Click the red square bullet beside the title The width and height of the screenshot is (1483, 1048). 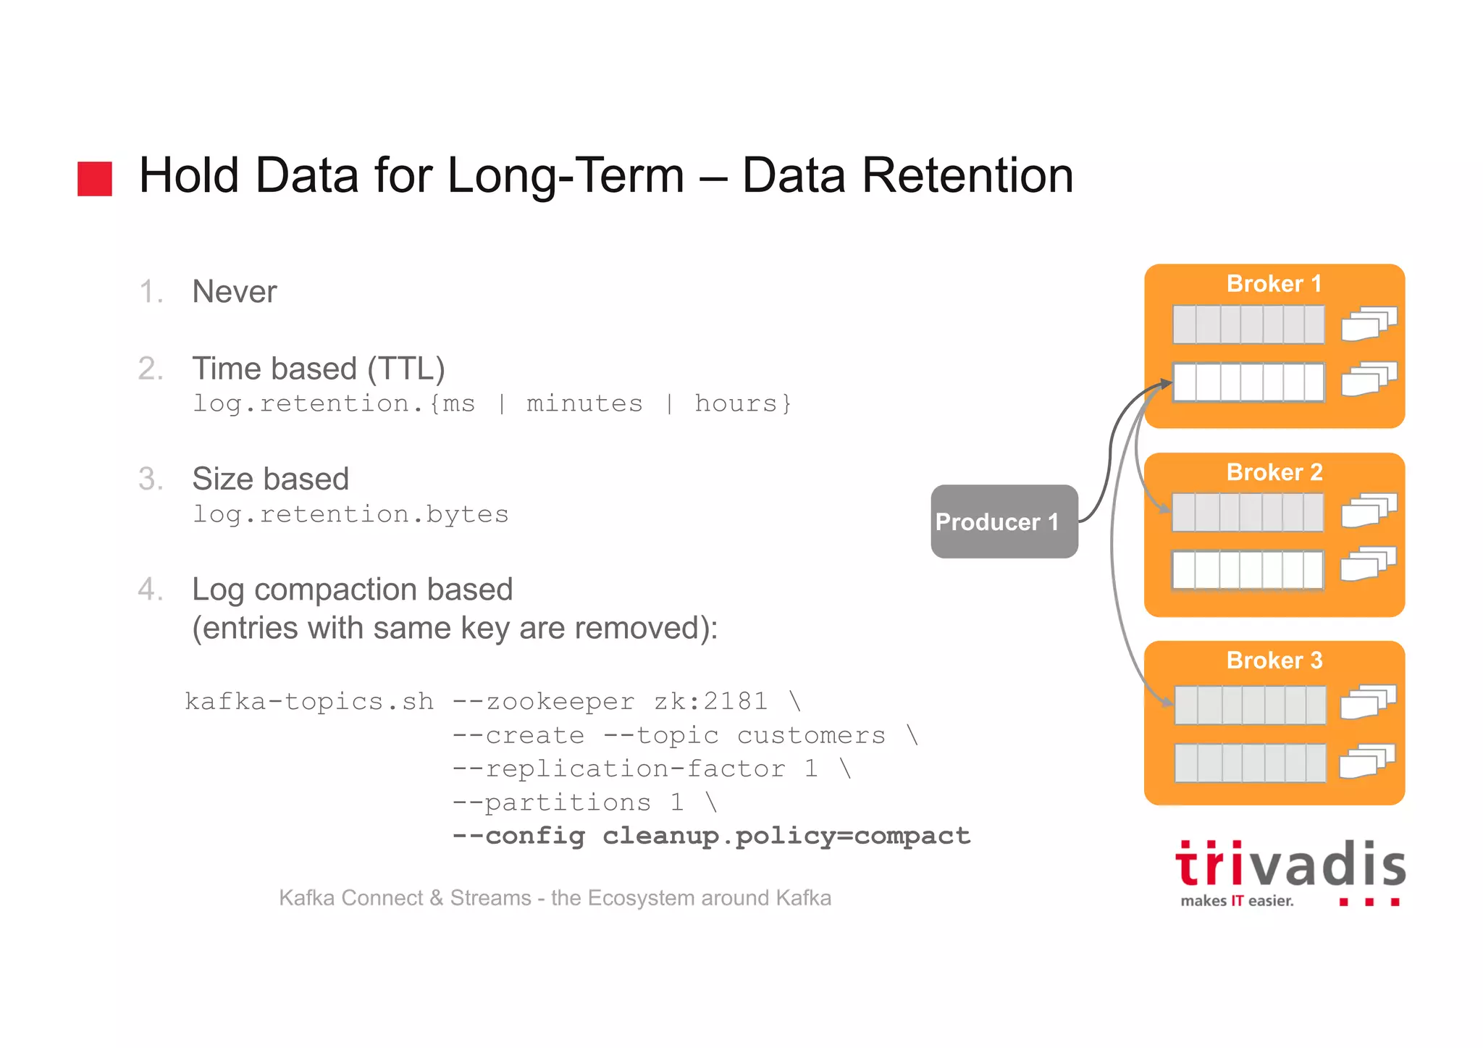coord(95,178)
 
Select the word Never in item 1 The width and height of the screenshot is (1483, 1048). coord(234,292)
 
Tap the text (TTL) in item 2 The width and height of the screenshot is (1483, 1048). coord(406,369)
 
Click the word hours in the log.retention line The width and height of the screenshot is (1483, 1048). coord(735,403)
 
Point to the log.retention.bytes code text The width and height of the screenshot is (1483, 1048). coord(350,514)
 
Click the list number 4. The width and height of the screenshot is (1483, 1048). coord(150,590)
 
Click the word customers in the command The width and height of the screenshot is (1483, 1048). coord(811,735)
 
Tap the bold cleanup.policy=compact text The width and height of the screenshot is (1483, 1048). coord(786,836)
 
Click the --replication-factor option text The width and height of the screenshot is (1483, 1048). coord(619,768)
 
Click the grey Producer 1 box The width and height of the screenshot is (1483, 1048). coord(1004,521)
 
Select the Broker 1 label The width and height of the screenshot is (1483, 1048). coord(1274,284)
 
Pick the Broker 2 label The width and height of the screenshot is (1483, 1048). coord(1274,472)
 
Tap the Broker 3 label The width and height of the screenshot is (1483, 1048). coord(1274,661)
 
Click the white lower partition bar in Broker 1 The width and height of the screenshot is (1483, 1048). coord(1248,382)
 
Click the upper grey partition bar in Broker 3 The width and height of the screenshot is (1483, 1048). coord(1250,705)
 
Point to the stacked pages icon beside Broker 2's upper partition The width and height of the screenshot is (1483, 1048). coord(1368,511)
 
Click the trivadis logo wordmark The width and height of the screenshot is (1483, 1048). coord(1290,865)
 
